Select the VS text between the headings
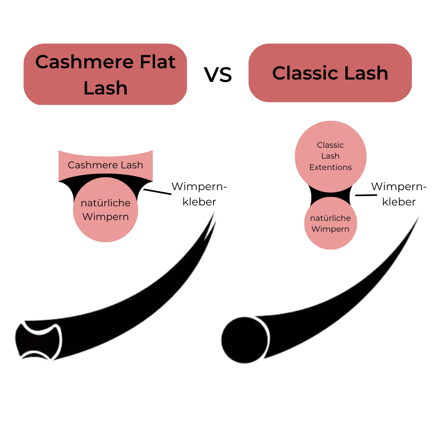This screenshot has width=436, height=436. [x=218, y=75]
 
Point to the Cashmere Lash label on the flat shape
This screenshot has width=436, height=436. [x=105, y=165]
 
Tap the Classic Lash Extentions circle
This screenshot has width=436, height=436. [x=331, y=156]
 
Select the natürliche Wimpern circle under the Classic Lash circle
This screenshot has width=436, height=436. [x=331, y=224]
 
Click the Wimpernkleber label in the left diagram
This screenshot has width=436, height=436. [x=199, y=194]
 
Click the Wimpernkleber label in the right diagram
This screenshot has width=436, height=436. [x=399, y=194]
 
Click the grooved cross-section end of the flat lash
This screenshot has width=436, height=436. [x=38, y=340]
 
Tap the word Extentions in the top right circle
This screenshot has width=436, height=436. [x=331, y=167]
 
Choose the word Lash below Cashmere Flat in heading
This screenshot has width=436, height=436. [x=105, y=88]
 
